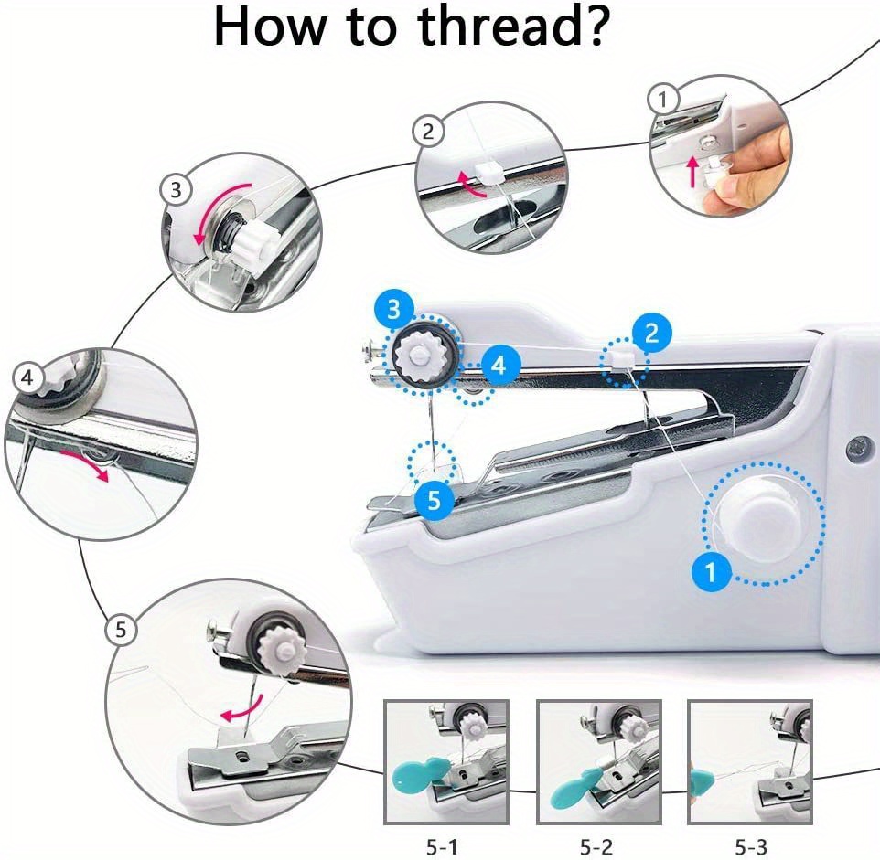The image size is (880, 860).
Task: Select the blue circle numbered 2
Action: pyautogui.click(x=652, y=333)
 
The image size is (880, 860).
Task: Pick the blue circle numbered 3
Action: pyautogui.click(x=393, y=309)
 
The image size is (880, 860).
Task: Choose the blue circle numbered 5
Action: pyautogui.click(x=435, y=499)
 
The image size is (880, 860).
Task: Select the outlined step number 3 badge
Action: pyautogui.click(x=176, y=190)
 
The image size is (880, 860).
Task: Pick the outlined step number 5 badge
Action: pyautogui.click(x=122, y=629)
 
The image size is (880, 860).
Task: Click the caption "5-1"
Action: pyautogui.click(x=446, y=846)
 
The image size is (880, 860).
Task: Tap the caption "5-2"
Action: pyautogui.click(x=597, y=846)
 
